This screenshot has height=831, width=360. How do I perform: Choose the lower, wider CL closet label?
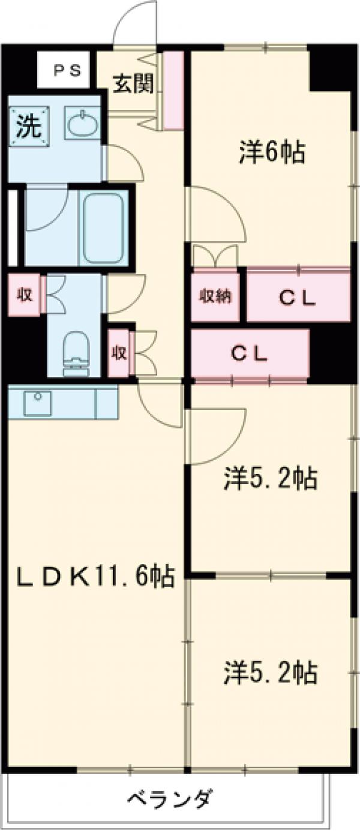[x=249, y=354]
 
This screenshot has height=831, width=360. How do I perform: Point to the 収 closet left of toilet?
[x=24, y=294]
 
